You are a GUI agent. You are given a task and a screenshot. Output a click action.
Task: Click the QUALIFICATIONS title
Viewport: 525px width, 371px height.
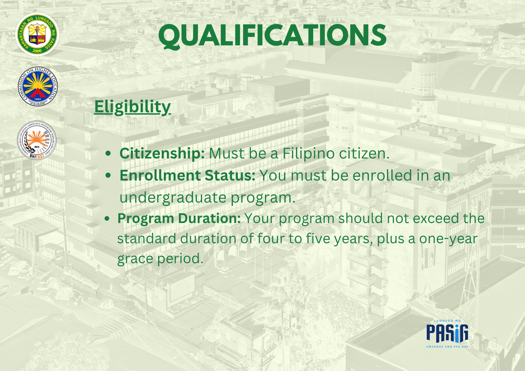coord(272,35)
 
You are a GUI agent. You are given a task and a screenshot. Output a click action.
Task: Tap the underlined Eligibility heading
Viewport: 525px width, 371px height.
coord(133,107)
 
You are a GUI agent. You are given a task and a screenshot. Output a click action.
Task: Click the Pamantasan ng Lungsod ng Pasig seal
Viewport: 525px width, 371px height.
coord(37,34)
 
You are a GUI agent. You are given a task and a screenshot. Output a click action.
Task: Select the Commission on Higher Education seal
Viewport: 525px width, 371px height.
coord(38,86)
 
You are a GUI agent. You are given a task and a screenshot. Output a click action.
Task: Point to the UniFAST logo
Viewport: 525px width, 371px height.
coord(37,140)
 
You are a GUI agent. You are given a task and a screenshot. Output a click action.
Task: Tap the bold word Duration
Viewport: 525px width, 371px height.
coord(209,218)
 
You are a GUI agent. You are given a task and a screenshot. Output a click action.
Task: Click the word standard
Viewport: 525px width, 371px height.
coord(147,238)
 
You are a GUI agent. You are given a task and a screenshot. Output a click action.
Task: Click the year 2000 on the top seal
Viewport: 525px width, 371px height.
coord(37,51)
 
